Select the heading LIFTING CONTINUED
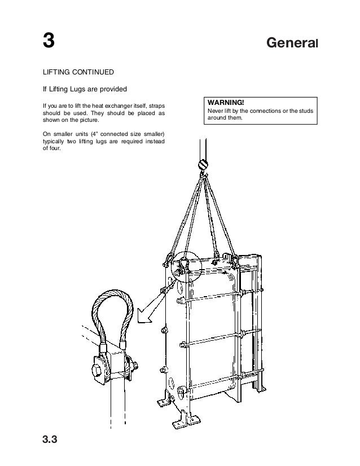[78, 73]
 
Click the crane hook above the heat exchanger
[202, 165]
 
